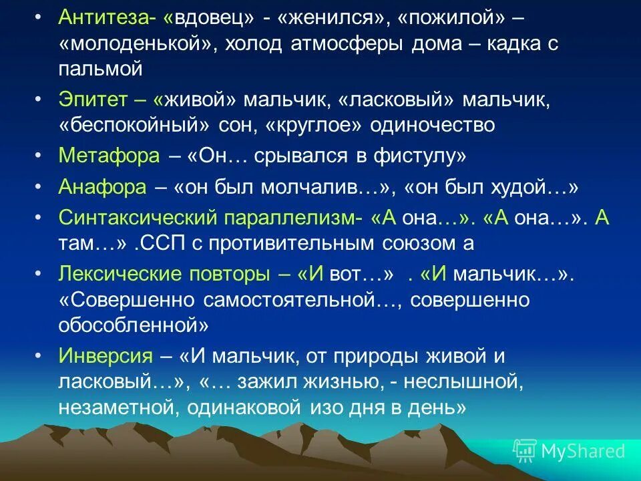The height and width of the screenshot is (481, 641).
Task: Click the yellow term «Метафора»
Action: (x=110, y=156)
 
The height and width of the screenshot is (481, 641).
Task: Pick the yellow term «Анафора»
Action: (x=103, y=188)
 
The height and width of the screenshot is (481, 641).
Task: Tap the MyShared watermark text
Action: (x=582, y=451)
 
